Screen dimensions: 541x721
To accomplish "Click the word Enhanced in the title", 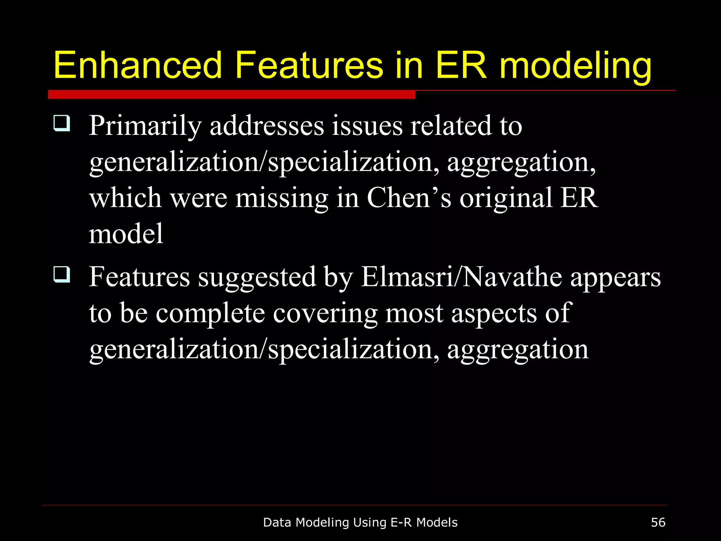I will [x=138, y=66].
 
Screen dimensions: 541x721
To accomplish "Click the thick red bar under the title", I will [x=231, y=94].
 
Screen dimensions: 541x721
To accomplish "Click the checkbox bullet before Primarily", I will [x=62, y=123].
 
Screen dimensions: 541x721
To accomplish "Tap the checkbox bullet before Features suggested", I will [x=62, y=274].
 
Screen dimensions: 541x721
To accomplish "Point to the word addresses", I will [x=267, y=126].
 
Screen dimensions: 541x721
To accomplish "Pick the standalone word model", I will [x=126, y=234].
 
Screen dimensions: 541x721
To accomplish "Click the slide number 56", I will [x=658, y=522].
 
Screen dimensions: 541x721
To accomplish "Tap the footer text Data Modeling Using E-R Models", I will [x=360, y=523].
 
